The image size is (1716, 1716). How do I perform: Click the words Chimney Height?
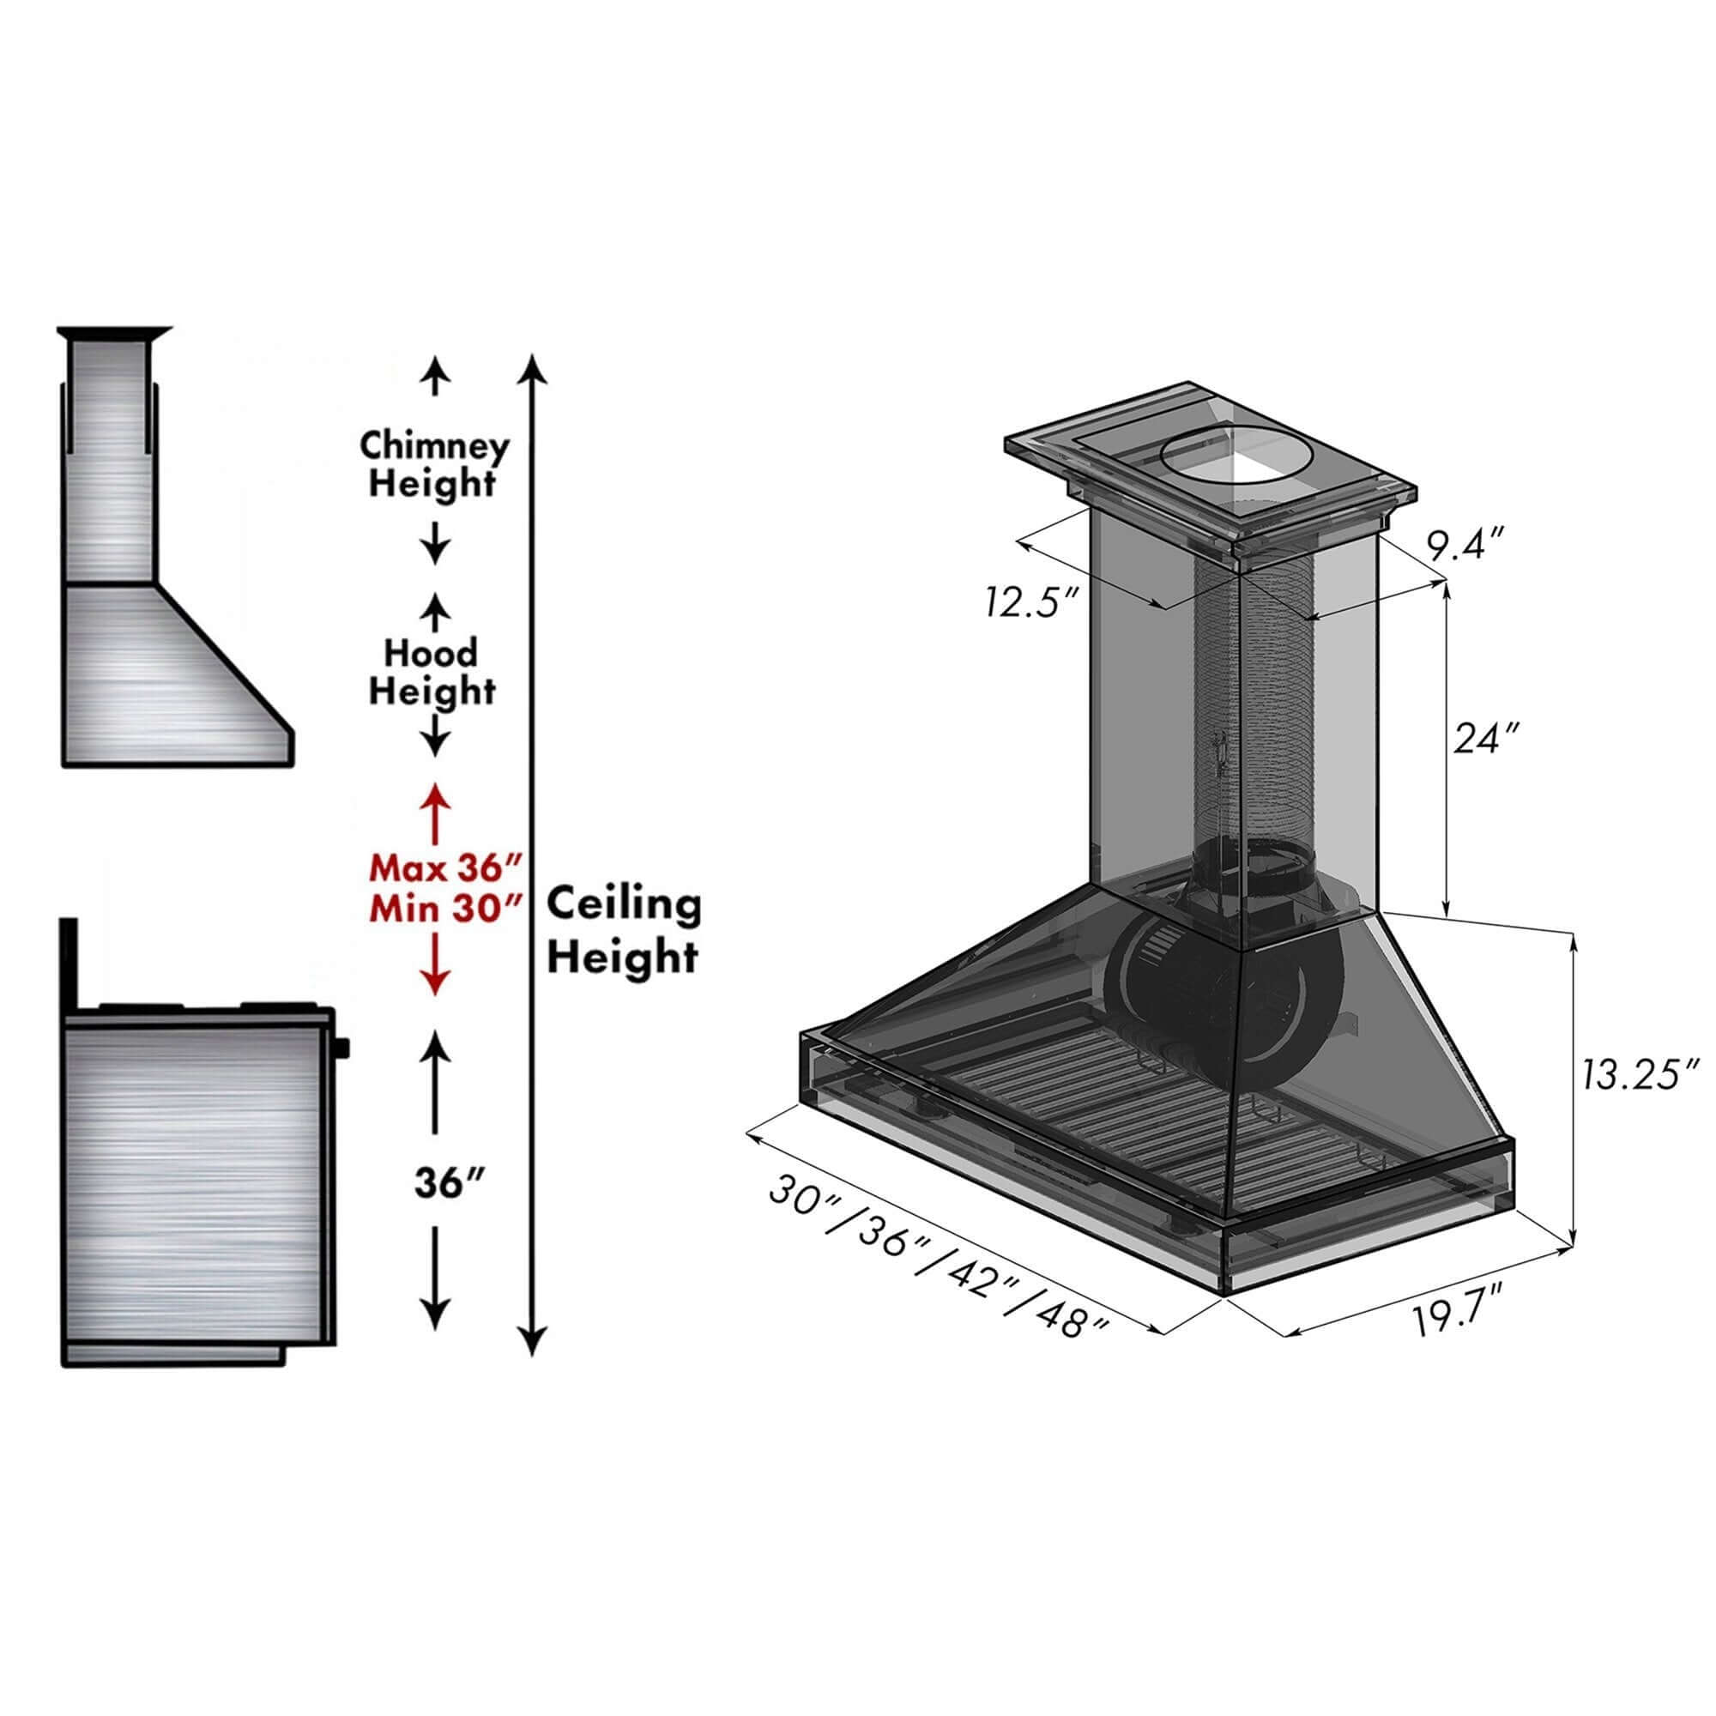click(434, 464)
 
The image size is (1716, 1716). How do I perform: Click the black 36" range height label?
click(450, 1182)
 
